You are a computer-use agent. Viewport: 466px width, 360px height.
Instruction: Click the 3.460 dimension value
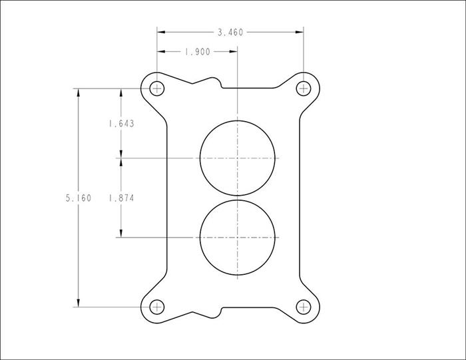230,32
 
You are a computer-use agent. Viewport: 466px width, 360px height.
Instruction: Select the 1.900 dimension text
197,52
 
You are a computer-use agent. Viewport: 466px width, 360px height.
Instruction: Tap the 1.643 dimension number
122,124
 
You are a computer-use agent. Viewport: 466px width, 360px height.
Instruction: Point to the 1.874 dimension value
122,198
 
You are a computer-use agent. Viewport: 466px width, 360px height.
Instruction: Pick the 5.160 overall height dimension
79,198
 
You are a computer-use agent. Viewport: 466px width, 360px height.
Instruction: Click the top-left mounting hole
156,89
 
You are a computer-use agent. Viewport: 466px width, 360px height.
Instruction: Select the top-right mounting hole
304,89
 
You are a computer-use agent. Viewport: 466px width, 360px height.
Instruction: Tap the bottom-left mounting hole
156,307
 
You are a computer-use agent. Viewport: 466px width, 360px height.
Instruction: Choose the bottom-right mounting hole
304,307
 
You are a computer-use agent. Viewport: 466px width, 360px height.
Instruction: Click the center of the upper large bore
237,158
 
